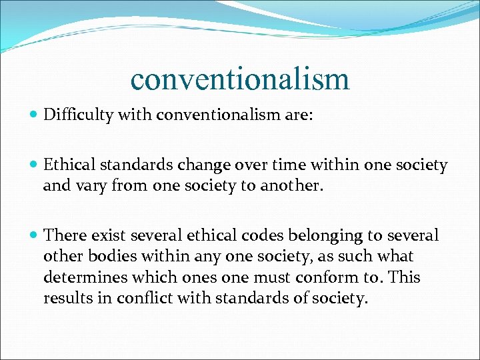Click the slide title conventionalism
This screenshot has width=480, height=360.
coord(240,78)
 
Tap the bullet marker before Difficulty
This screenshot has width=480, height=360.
coord(34,116)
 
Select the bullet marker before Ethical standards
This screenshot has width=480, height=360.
coord(34,165)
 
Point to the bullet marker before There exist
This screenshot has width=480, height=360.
coord(34,236)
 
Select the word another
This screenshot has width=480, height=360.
coord(294,186)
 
